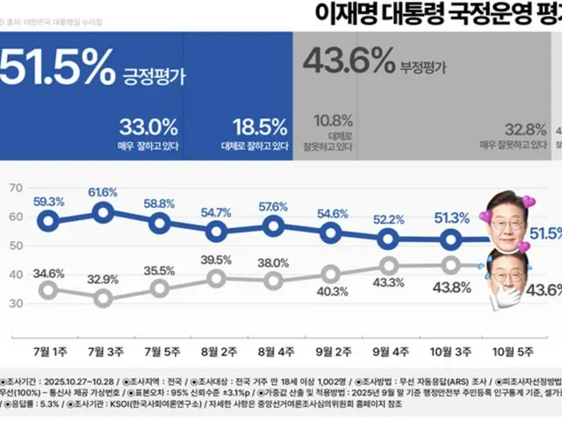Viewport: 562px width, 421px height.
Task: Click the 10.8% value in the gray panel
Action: tap(333, 121)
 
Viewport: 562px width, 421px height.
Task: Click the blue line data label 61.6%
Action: tap(104, 192)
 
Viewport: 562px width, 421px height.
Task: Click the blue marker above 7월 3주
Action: tap(104, 211)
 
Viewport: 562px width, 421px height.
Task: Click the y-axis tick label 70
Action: tap(16, 188)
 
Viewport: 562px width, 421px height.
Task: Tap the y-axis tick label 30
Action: tap(16, 303)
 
